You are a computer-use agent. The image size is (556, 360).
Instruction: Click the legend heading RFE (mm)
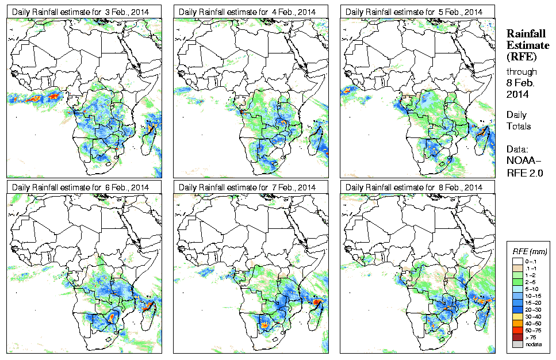pyautogui.click(x=530, y=251)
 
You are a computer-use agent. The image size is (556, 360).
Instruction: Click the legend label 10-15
pyautogui.click(x=535, y=295)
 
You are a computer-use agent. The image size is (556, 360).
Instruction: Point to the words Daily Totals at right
pyautogui.click(x=519, y=120)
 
